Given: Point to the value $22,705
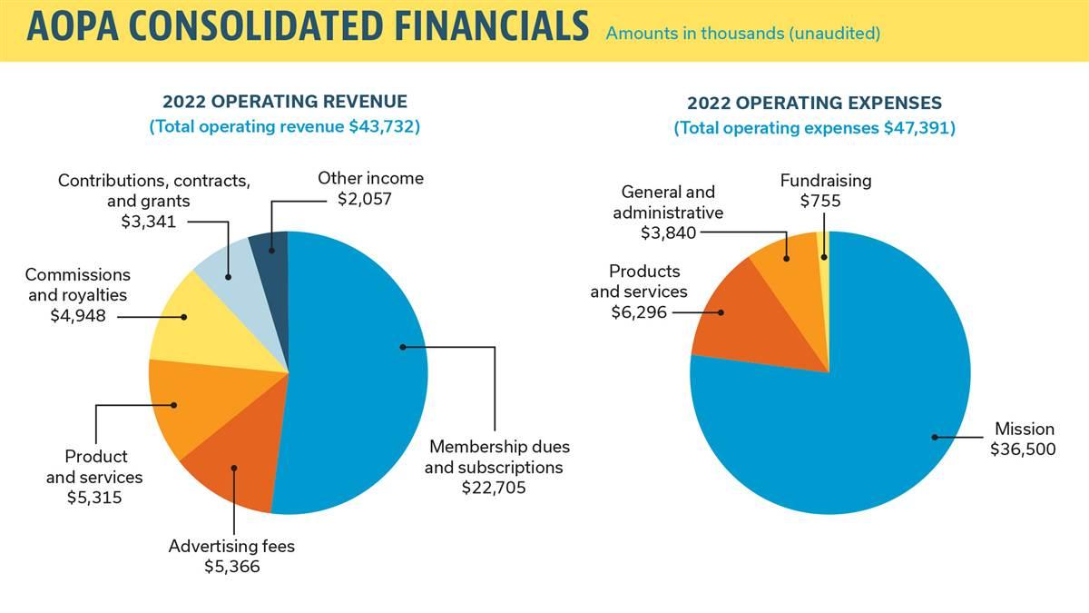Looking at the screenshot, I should (x=494, y=488).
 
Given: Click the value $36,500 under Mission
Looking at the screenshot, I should (x=1023, y=449).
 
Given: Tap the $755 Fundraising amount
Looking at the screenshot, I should (x=820, y=201).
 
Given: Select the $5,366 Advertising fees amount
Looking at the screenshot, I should (x=231, y=567).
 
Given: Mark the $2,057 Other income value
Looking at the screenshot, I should (x=369, y=198).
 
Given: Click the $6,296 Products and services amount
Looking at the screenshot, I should (x=639, y=311).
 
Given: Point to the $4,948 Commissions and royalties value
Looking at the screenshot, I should (x=78, y=315).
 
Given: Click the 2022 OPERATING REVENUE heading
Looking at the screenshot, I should (x=284, y=102).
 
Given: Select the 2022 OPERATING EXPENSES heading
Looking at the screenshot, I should (x=814, y=104).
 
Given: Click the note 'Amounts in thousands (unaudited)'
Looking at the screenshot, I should (x=742, y=35).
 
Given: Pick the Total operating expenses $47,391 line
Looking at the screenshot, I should (x=814, y=129).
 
